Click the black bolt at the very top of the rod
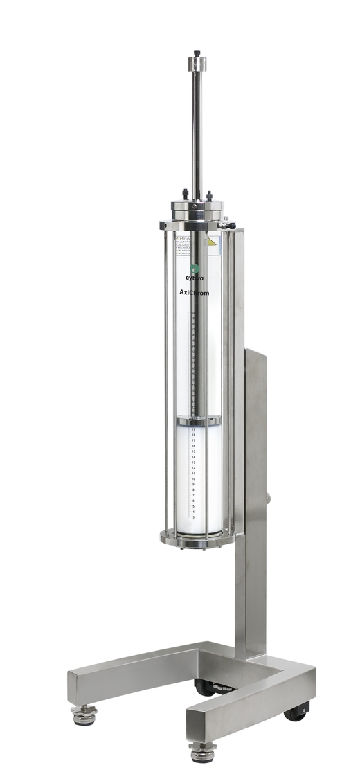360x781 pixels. point(197,53)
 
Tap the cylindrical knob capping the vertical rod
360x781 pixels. point(197,64)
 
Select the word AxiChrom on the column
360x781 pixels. point(190,293)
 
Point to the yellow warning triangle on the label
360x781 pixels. point(213,242)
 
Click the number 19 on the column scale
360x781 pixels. point(193,429)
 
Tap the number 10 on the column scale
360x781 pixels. point(193,479)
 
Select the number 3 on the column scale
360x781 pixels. point(193,517)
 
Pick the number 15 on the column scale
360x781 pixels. point(193,451)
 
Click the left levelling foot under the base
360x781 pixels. point(84,715)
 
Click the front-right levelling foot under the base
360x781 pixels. point(201,753)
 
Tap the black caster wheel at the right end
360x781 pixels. point(296,711)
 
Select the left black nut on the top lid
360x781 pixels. point(184,195)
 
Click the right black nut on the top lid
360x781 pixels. point(209,196)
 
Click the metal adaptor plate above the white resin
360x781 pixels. point(198,420)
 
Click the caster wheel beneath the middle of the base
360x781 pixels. point(205,688)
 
